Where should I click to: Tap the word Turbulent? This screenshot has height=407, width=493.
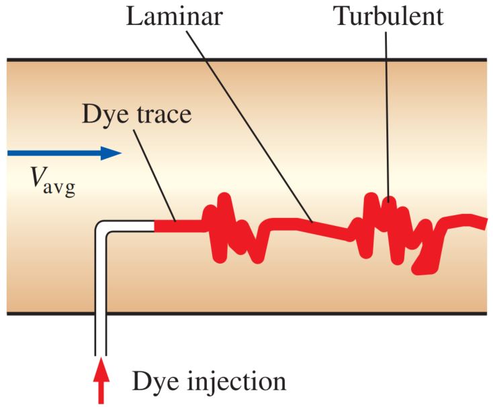pyautogui.click(x=390, y=16)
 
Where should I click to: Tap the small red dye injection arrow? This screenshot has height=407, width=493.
pyautogui.click(x=101, y=381)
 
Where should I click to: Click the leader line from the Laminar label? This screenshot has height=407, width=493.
pyautogui.click(x=255, y=128)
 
